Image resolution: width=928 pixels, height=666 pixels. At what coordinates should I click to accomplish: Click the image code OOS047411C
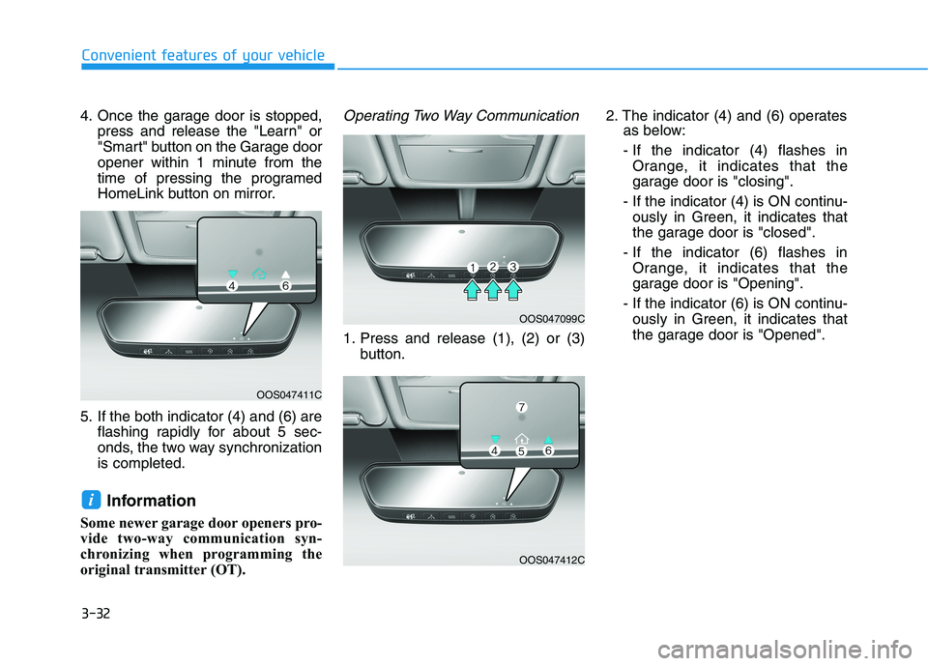pyautogui.click(x=289, y=394)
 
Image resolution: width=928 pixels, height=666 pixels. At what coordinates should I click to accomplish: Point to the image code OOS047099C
pyautogui.click(x=551, y=317)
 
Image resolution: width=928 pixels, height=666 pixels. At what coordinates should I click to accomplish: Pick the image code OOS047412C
pyautogui.click(x=551, y=560)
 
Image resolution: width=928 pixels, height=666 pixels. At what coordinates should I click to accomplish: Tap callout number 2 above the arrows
pyautogui.click(x=492, y=266)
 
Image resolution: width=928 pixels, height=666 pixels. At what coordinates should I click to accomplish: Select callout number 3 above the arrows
pyautogui.click(x=513, y=267)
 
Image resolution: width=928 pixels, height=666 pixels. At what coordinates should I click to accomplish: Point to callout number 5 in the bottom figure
pyautogui.click(x=520, y=450)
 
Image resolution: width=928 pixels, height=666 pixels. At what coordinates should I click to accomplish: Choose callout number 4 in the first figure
pyautogui.click(x=233, y=286)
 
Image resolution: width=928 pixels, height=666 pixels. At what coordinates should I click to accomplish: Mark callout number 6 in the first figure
pyautogui.click(x=287, y=286)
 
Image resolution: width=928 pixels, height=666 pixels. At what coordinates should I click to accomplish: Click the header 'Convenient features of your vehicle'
pyautogui.click(x=203, y=54)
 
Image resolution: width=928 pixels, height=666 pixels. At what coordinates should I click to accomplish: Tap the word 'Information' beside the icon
pyautogui.click(x=151, y=501)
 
